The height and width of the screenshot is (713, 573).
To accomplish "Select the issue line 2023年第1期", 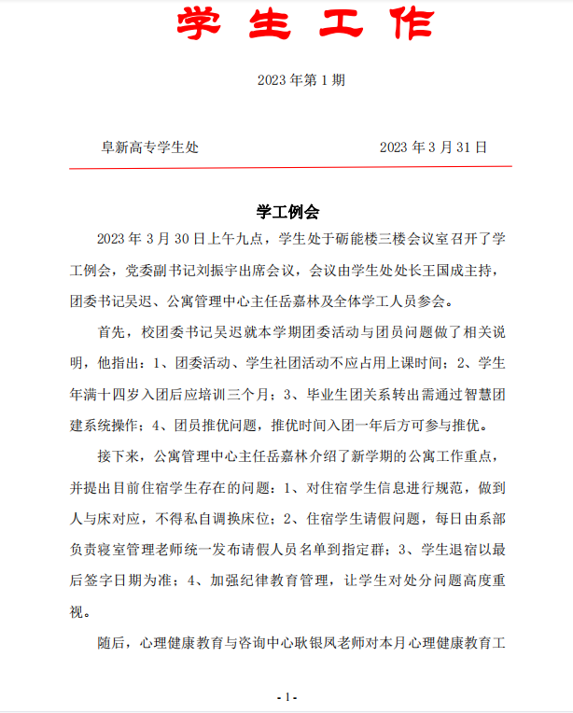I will (x=301, y=80).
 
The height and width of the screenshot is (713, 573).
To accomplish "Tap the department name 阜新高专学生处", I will (x=149, y=147).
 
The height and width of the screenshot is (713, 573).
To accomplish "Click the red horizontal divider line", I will (x=290, y=167).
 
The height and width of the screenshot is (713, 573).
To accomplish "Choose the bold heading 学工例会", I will (x=287, y=212).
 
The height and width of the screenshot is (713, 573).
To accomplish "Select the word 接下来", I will (x=118, y=455).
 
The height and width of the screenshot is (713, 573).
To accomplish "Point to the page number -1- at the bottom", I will (x=286, y=696).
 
